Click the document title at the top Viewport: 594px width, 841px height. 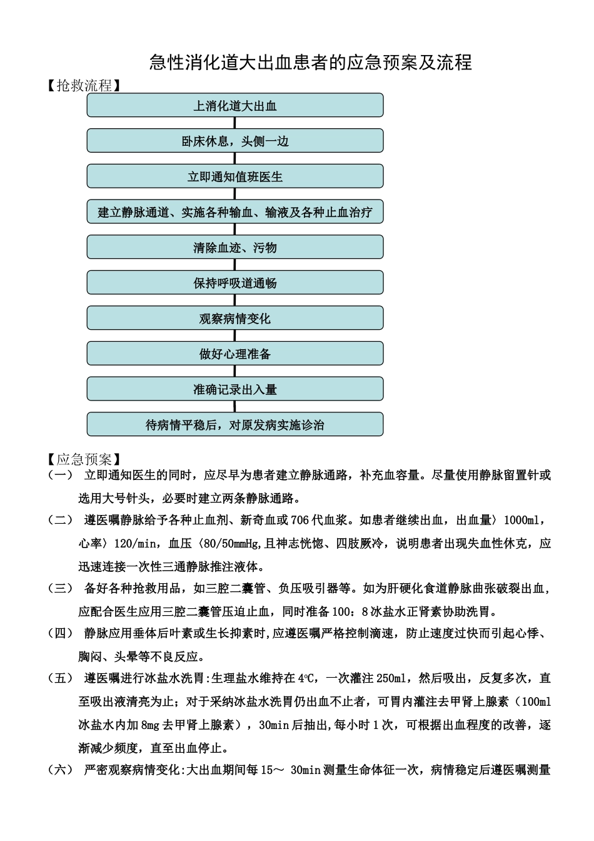click(310, 63)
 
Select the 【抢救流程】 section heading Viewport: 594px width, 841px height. click(84, 86)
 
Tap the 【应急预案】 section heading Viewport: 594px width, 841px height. click(84, 460)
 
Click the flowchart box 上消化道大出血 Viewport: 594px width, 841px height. click(234, 106)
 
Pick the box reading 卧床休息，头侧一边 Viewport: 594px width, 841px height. click(234, 141)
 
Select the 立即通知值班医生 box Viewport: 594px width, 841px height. click(234, 176)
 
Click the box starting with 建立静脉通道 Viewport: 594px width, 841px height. click(234, 212)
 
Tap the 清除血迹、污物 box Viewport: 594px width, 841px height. click(234, 248)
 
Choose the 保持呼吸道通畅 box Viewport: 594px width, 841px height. click(234, 283)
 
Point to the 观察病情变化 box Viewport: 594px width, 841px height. click(234, 319)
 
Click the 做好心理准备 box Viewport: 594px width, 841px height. click(234, 354)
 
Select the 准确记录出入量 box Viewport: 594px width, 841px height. click(234, 389)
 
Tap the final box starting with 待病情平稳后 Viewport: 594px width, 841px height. click(234, 425)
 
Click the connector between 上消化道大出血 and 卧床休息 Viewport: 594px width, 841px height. click(234, 123)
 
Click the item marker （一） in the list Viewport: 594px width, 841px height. click(60, 476)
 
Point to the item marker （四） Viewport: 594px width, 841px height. click(60, 633)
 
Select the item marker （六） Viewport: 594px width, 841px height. click(60, 770)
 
